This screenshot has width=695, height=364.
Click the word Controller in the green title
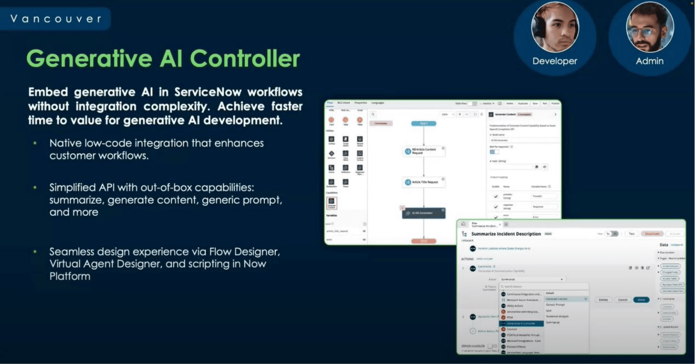tap(245, 59)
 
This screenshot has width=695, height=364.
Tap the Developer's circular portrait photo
tap(555, 27)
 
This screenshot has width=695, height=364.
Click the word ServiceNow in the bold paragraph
tap(208, 92)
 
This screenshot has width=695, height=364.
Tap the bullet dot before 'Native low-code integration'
tap(35, 143)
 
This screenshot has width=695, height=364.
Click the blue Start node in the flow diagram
tap(423, 123)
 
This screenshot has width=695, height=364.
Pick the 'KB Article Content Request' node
tap(424, 151)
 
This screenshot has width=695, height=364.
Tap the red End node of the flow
tap(423, 241)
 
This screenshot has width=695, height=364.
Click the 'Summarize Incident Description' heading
tap(506, 234)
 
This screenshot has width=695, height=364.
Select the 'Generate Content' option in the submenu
tap(557, 299)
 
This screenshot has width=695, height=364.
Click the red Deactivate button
tap(652, 234)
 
